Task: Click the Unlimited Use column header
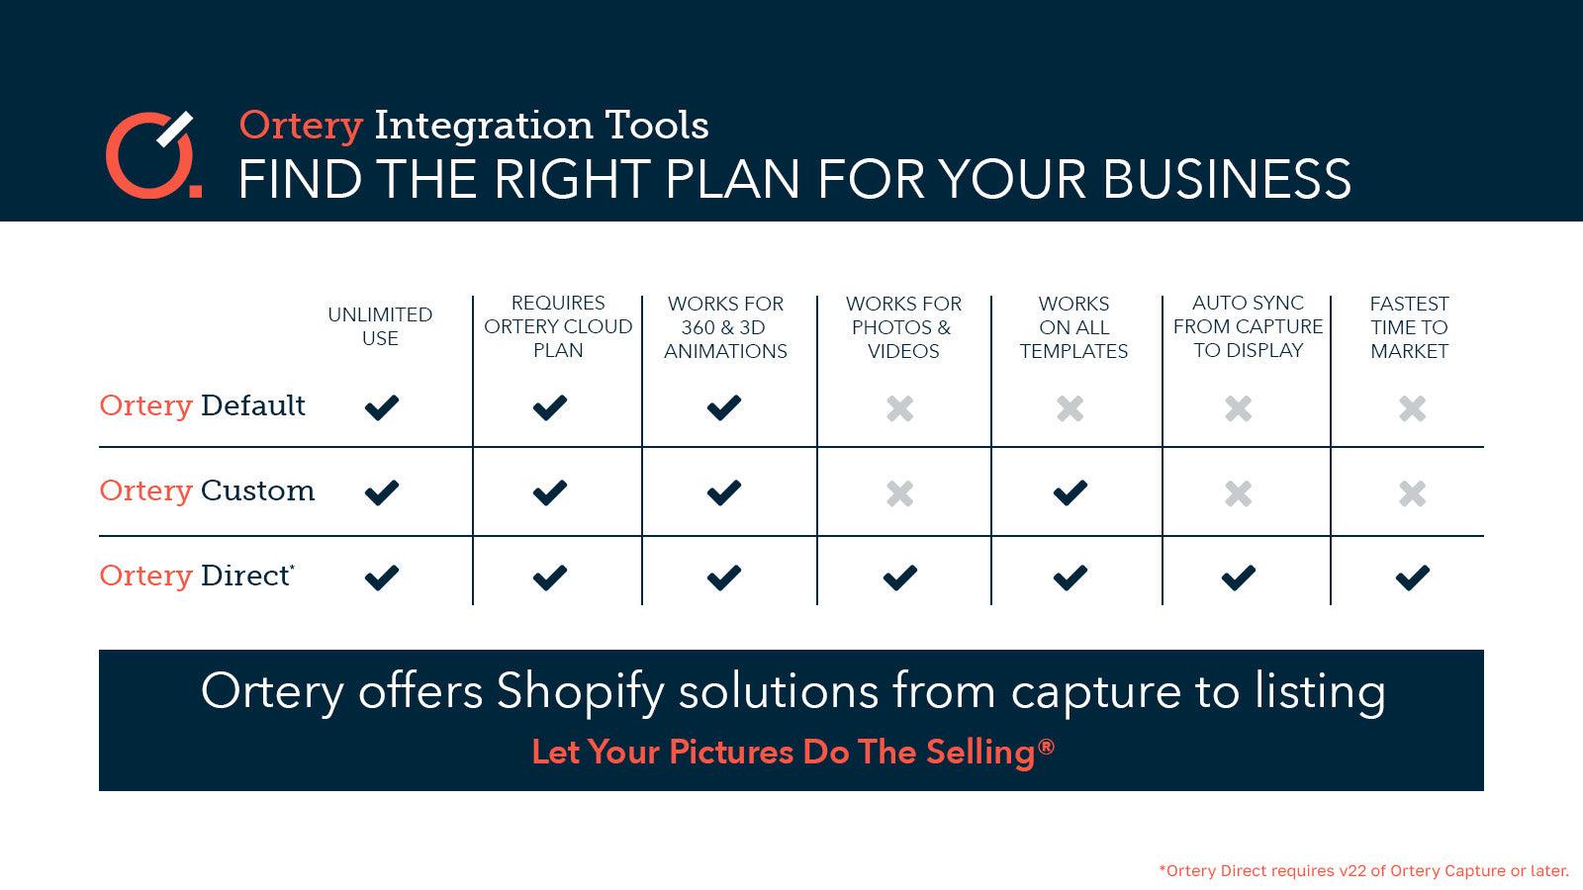point(380,326)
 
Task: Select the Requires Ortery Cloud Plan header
point(558,326)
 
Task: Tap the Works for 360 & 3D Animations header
point(725,327)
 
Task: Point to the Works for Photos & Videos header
point(903,327)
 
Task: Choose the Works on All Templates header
point(1073,327)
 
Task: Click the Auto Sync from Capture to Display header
point(1248,326)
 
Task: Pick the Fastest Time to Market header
point(1409,327)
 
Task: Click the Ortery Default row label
point(203,405)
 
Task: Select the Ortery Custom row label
point(207,490)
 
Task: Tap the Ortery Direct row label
point(197,576)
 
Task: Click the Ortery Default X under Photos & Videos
point(899,407)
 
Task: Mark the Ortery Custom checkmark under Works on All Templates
point(1071,492)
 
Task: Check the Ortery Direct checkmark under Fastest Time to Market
point(1412,578)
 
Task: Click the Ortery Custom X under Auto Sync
point(1238,492)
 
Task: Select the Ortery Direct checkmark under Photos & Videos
point(899,578)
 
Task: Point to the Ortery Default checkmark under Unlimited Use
point(381,407)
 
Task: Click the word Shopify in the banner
point(580,692)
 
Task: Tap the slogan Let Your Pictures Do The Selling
point(792,753)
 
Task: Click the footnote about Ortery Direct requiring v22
point(1363,871)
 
